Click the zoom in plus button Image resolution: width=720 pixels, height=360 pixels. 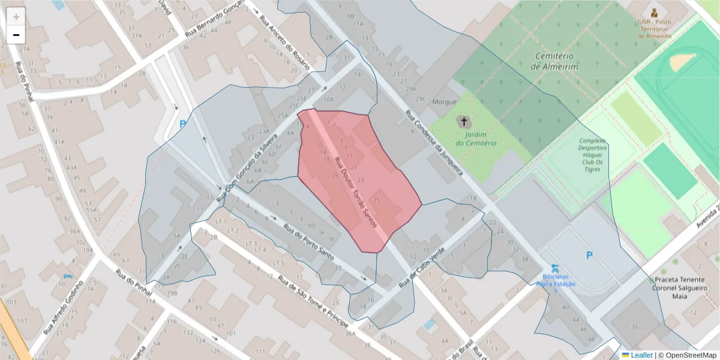point(16,17)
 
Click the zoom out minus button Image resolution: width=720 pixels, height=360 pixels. point(16,35)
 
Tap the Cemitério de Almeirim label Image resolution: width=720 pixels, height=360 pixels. point(555,61)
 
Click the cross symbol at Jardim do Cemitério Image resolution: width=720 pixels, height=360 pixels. point(464,122)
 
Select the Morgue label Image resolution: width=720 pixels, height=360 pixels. point(445,102)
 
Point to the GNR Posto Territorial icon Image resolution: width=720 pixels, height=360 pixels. point(653,13)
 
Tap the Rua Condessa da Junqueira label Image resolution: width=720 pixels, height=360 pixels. point(434,142)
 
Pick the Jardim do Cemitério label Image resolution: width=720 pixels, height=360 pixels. point(476,139)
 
